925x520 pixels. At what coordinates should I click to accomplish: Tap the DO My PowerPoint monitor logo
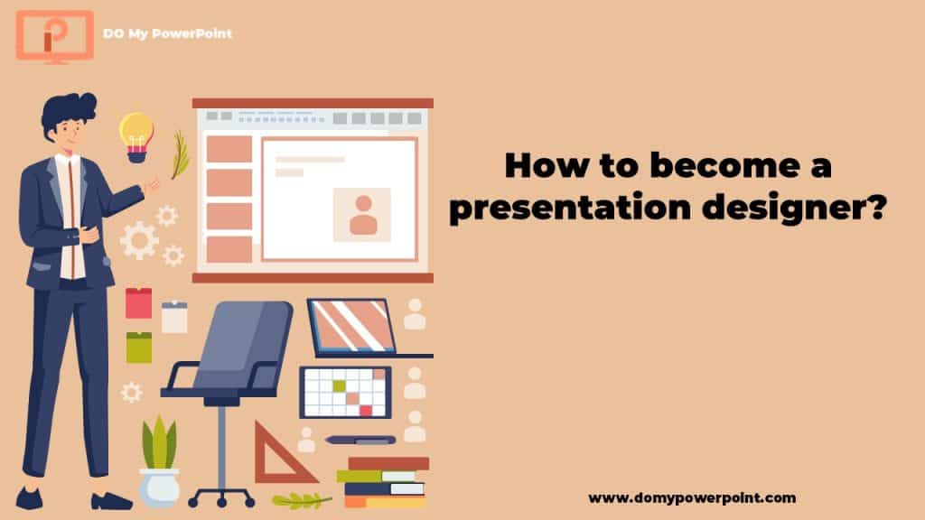point(55,36)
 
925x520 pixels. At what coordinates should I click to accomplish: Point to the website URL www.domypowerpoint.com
point(692,498)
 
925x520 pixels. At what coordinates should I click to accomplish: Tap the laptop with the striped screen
point(369,329)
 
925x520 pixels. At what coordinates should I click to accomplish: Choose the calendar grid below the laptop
point(346,392)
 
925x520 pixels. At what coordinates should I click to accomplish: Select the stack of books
point(383,482)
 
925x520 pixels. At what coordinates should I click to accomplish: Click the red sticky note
point(138,303)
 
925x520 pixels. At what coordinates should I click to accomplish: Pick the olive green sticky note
point(138,348)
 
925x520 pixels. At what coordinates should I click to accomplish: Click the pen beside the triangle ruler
point(360,440)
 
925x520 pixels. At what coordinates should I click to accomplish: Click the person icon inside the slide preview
point(363,215)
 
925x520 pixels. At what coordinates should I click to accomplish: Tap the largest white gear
point(139,240)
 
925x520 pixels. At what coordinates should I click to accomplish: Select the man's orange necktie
point(72,218)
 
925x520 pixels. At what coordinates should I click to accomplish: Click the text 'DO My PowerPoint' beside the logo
point(167,33)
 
